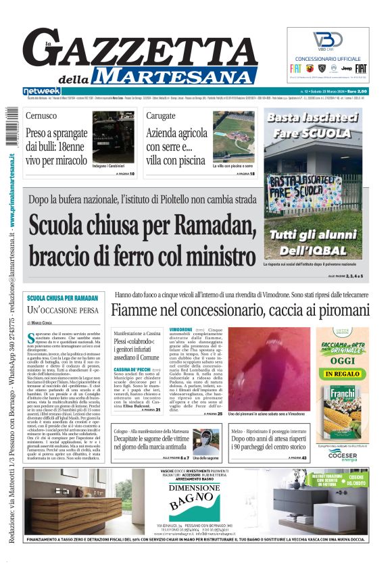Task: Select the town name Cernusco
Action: point(42,116)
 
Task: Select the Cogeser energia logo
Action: point(348,454)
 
